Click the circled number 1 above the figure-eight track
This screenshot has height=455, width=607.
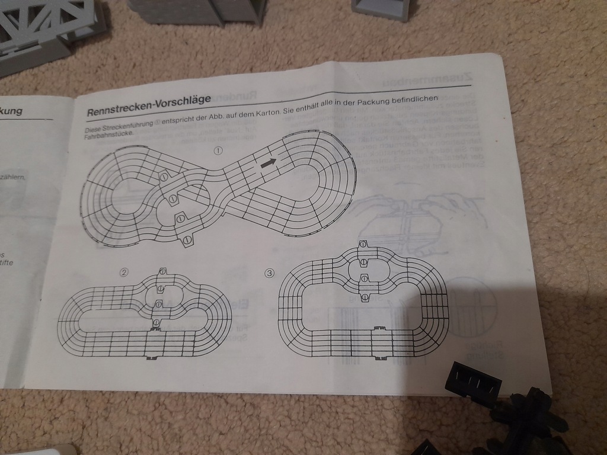click(218, 150)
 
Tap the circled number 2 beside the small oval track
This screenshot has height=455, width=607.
click(124, 273)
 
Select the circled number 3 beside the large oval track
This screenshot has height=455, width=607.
click(270, 273)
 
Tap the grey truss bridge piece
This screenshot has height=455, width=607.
click(47, 30)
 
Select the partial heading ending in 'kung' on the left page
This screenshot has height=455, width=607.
click(12, 111)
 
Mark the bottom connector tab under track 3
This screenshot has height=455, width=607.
click(379, 357)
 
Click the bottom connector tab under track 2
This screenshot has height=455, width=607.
click(152, 356)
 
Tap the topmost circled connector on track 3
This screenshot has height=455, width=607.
click(364, 244)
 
